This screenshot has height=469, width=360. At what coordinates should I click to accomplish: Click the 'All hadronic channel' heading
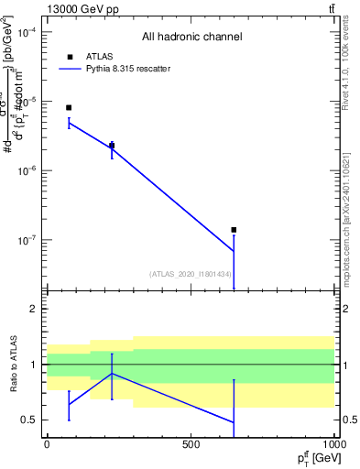click(191, 38)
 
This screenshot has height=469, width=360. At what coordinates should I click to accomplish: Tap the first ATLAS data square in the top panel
click(69, 108)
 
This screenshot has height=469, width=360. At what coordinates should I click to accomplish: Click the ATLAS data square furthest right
click(234, 230)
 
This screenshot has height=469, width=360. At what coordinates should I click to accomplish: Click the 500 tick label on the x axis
click(191, 443)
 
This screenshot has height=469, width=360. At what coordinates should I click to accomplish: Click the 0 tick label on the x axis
click(47, 443)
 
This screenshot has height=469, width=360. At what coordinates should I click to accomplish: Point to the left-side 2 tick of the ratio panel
click(33, 310)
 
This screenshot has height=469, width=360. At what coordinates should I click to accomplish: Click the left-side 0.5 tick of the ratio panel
click(29, 420)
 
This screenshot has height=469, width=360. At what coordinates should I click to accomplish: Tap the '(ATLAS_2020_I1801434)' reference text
click(190, 274)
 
